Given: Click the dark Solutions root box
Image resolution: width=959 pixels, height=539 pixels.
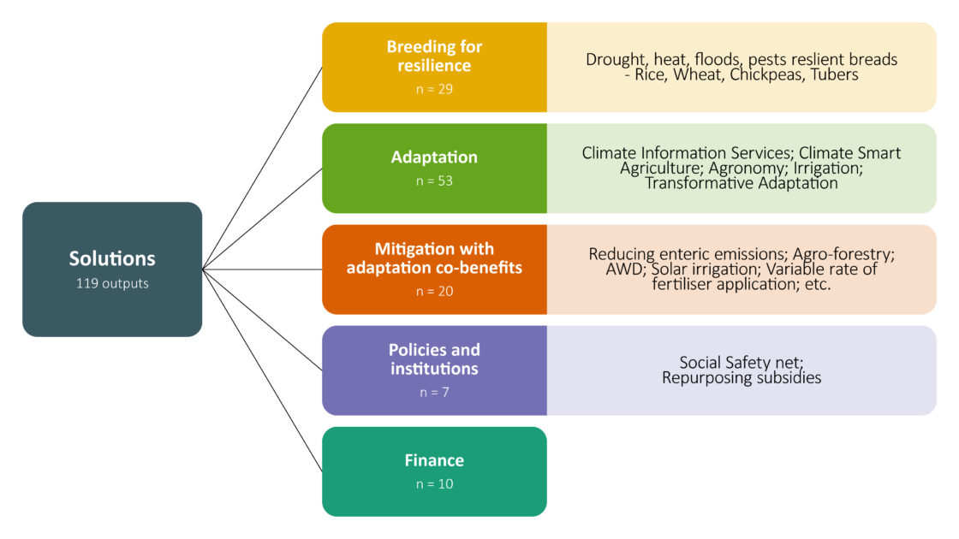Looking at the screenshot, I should coord(112,269).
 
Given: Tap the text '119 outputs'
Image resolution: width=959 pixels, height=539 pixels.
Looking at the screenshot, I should coord(112,283).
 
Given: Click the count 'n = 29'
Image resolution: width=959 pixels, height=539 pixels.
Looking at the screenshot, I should coord(434,88).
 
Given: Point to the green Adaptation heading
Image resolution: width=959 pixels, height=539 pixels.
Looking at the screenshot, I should coord(434,157).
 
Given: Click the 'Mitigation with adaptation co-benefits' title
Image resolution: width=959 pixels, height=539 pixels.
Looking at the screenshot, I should coord(434,258).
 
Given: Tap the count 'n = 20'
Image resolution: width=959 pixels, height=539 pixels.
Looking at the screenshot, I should coord(434,291).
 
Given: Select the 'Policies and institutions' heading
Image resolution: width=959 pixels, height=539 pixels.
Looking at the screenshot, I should coord(434,359).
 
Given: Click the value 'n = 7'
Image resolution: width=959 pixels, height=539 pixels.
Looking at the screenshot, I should coord(434,392).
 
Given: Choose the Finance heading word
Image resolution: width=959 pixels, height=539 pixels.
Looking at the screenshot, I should coord(434,460).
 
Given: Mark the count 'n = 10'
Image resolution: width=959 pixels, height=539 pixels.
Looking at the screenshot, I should coord(434,484).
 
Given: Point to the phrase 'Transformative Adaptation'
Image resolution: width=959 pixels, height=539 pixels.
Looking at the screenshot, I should coord(742,182).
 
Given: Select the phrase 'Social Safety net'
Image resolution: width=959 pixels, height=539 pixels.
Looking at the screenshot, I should coord(742,362).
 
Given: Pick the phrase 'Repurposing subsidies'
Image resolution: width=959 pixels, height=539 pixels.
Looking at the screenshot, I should coord(742,377).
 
